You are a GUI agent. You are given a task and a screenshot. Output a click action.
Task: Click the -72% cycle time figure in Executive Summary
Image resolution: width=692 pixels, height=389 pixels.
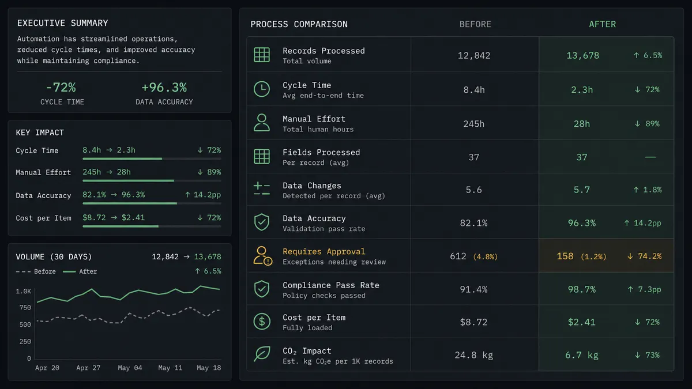pyautogui.click(x=61, y=88)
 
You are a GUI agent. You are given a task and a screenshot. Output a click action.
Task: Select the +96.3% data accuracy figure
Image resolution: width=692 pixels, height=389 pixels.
pyautogui.click(x=164, y=88)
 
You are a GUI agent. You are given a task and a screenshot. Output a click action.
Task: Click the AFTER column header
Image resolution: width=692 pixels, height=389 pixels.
pyautogui.click(x=602, y=24)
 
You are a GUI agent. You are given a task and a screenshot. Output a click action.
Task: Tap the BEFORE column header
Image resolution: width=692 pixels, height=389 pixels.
pyautogui.click(x=475, y=24)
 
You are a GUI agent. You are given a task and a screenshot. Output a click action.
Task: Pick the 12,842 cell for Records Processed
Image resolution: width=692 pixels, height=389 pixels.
pyautogui.click(x=474, y=55)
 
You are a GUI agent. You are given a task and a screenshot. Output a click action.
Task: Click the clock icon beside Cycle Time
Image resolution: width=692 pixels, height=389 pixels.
pyautogui.click(x=262, y=89)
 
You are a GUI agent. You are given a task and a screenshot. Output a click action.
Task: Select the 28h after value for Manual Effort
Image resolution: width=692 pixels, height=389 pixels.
pyautogui.click(x=582, y=124)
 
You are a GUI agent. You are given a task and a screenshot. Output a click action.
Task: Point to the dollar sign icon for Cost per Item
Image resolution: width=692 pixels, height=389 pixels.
pyautogui.click(x=262, y=322)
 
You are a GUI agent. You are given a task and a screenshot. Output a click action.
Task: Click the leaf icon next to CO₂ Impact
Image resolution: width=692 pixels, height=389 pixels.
pyautogui.click(x=262, y=353)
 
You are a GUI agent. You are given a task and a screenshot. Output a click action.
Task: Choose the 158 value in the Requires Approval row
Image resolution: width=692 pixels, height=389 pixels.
pyautogui.click(x=565, y=256)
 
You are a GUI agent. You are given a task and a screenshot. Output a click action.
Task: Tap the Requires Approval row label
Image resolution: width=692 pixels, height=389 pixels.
pyautogui.click(x=324, y=251)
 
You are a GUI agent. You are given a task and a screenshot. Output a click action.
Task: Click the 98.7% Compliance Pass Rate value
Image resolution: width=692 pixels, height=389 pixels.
pyautogui.click(x=582, y=289)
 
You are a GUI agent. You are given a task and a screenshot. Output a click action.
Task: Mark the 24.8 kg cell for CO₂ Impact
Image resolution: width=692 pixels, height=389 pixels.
pyautogui.click(x=473, y=355)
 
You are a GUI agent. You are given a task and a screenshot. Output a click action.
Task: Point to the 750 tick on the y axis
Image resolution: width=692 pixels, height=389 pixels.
pyautogui.click(x=25, y=308)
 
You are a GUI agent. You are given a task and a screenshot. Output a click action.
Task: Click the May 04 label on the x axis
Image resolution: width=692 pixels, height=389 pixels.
pyautogui.click(x=130, y=368)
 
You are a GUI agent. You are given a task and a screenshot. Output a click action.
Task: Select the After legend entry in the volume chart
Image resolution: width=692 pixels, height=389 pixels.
pyautogui.click(x=80, y=271)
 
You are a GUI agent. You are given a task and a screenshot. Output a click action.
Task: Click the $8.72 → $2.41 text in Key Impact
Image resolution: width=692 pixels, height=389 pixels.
pyautogui.click(x=114, y=217)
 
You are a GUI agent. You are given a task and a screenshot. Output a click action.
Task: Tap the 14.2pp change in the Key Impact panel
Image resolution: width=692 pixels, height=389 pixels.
pyautogui.click(x=202, y=195)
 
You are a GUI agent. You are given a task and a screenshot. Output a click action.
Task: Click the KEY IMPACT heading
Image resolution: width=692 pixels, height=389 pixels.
pyautogui.click(x=40, y=133)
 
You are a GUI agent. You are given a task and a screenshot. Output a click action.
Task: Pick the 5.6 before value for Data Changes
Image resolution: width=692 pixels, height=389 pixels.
pyautogui.click(x=473, y=190)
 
